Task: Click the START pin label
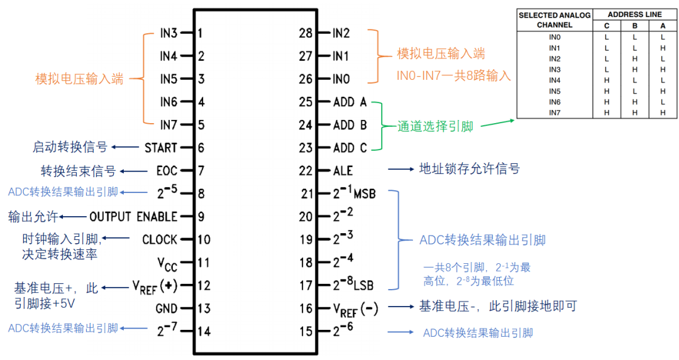click(x=160, y=148)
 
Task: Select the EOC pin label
click(x=167, y=171)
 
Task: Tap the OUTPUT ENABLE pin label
click(x=133, y=217)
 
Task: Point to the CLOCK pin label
click(x=160, y=240)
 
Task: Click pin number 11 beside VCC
click(x=204, y=263)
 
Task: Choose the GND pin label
click(x=165, y=308)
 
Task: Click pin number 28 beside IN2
click(x=306, y=33)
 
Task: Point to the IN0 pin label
click(x=341, y=79)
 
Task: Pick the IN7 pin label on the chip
click(x=168, y=125)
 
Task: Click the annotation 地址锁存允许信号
click(x=470, y=170)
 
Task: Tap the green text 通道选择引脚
click(x=435, y=126)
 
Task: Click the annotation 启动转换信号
click(x=70, y=148)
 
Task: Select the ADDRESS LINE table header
click(x=635, y=14)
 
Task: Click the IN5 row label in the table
click(x=554, y=90)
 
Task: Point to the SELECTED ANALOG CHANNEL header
click(x=554, y=20)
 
